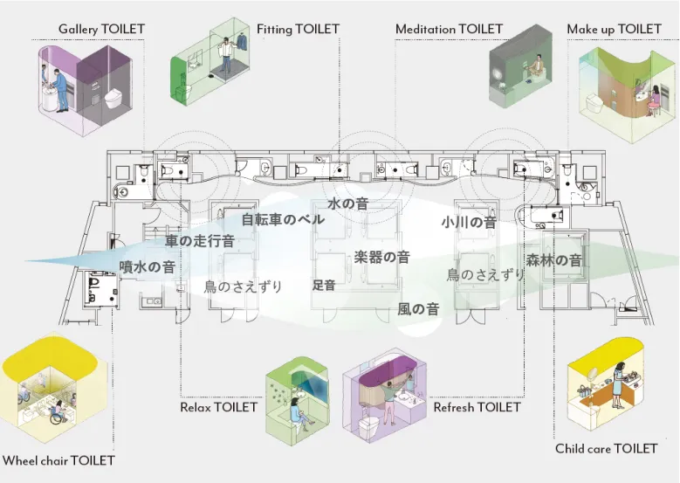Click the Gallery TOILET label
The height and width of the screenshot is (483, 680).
[x=101, y=30]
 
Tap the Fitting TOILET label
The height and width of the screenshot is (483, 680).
[x=298, y=30]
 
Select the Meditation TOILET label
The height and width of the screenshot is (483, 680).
[x=449, y=30]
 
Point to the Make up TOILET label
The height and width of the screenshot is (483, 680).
[x=614, y=30]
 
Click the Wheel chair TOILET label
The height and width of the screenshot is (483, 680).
[x=58, y=460]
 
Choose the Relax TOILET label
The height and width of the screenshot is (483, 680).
[x=218, y=407]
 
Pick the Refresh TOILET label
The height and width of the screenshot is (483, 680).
[x=477, y=407]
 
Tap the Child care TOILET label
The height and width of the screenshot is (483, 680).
[x=606, y=449]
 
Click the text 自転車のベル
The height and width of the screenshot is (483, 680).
[x=283, y=219]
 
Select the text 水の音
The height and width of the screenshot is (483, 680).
[x=347, y=204]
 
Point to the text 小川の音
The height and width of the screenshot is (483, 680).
[x=469, y=223]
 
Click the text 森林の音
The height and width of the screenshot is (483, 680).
[x=554, y=260]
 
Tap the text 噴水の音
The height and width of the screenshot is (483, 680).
[x=147, y=267]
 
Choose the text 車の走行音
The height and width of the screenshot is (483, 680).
[x=200, y=241]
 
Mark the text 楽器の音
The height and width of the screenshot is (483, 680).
[x=381, y=258]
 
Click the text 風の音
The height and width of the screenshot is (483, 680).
[x=418, y=309]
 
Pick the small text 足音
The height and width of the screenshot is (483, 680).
[x=324, y=285]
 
